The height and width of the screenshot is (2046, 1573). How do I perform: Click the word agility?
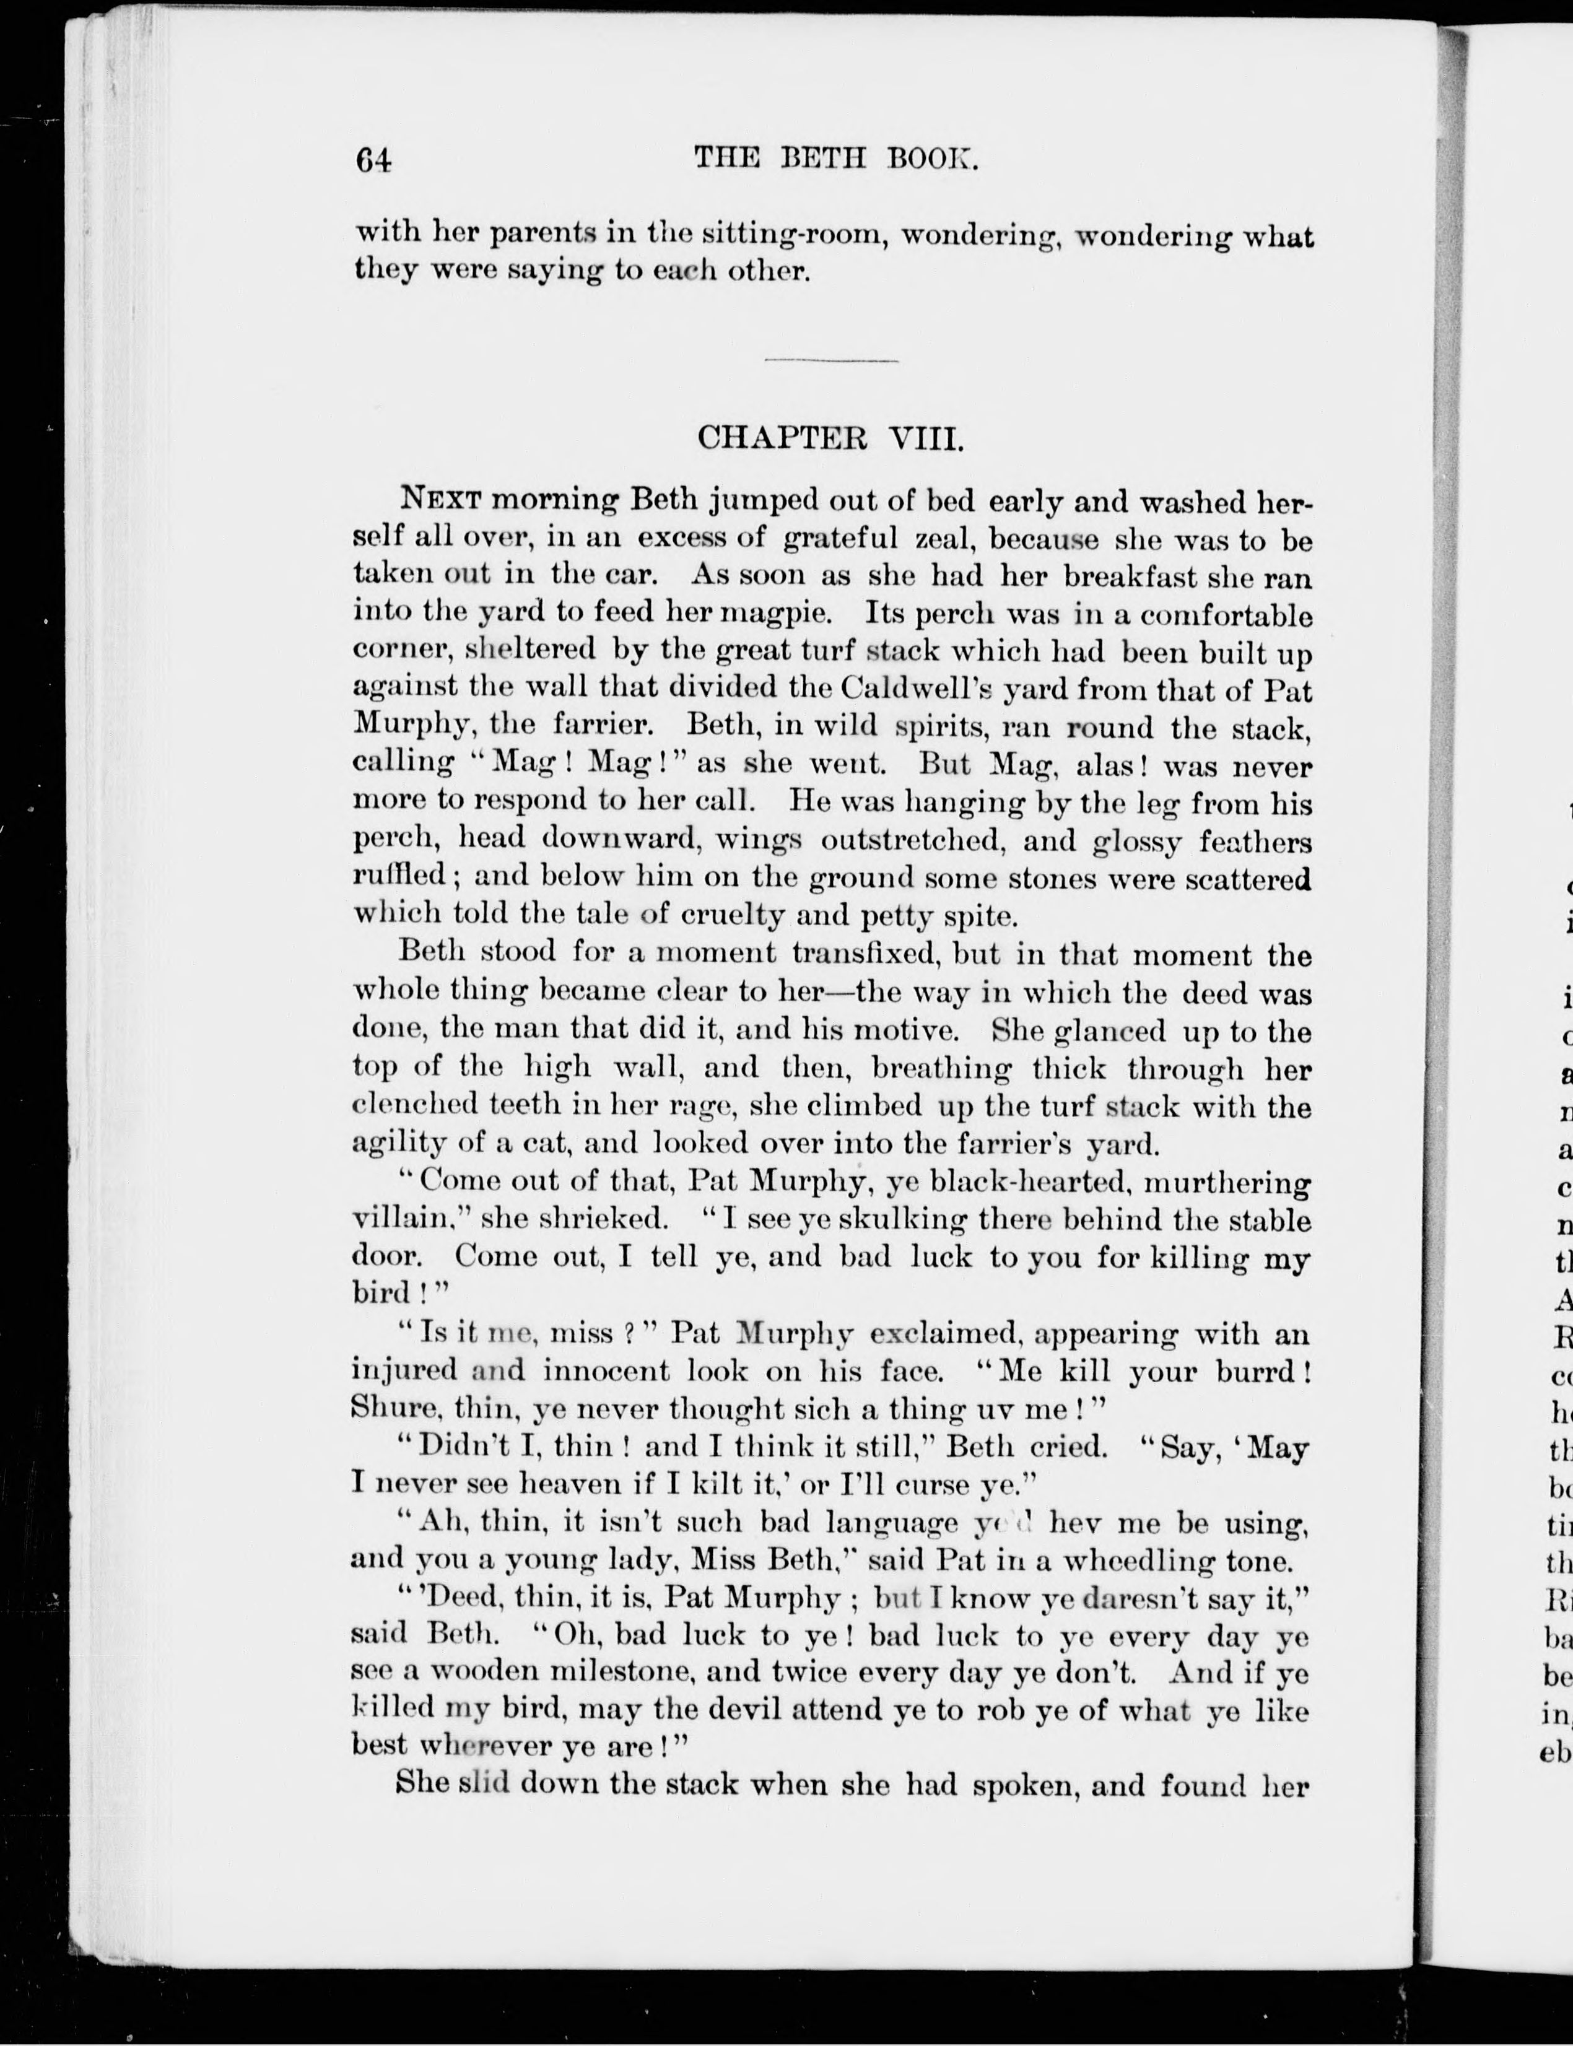pos(396,1143)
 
